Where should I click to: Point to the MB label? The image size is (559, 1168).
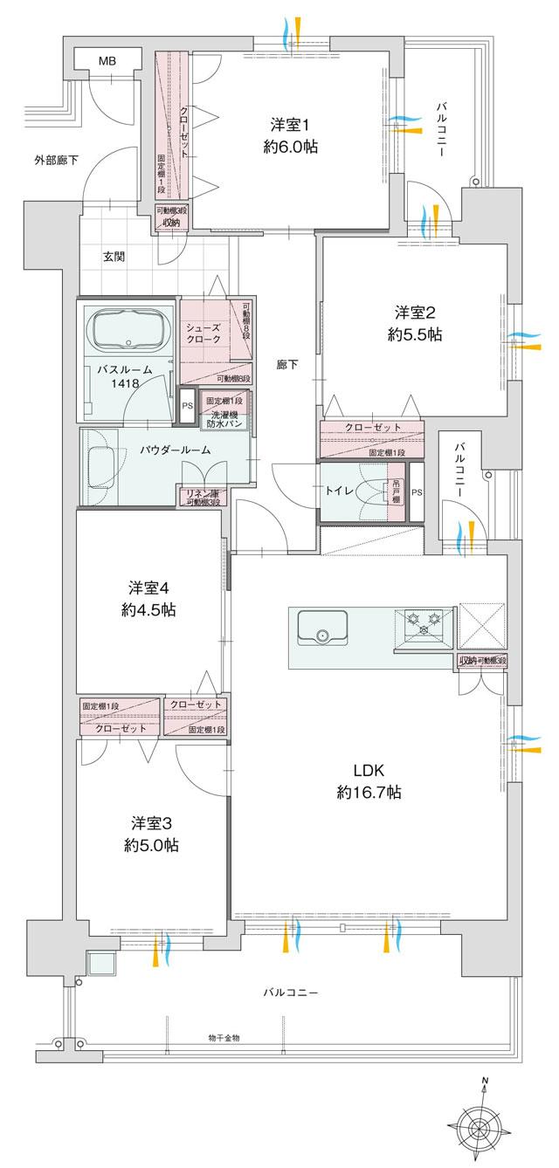pyautogui.click(x=106, y=61)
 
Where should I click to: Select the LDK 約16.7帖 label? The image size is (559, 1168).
pyautogui.click(x=366, y=781)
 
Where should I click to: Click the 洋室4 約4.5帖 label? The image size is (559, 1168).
pyautogui.click(x=148, y=599)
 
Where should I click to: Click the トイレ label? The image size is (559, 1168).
pyautogui.click(x=340, y=491)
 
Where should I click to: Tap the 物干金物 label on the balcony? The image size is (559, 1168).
pyautogui.click(x=224, y=1037)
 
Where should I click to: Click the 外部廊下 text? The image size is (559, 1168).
pyautogui.click(x=56, y=160)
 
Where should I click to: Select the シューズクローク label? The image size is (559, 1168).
pyautogui.click(x=202, y=334)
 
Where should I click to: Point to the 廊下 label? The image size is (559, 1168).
pyautogui.click(x=286, y=365)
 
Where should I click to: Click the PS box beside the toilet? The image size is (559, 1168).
pyautogui.click(x=418, y=492)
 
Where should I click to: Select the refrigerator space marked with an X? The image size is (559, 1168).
pyautogui.click(x=481, y=626)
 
